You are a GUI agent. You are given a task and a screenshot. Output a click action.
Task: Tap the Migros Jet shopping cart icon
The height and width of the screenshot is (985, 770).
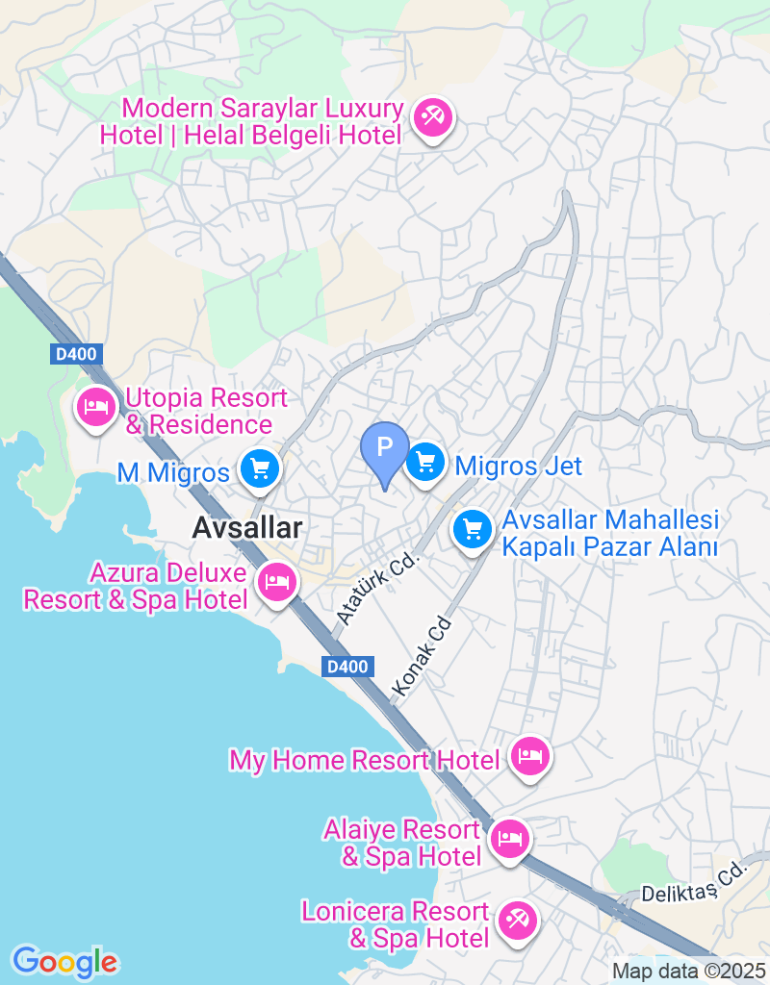(424, 464)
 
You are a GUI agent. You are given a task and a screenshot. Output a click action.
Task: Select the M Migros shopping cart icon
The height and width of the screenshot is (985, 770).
(260, 469)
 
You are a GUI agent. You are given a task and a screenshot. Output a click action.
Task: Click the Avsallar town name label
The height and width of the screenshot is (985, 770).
(246, 527)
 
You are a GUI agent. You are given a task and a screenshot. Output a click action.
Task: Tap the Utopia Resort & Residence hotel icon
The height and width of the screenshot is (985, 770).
(96, 408)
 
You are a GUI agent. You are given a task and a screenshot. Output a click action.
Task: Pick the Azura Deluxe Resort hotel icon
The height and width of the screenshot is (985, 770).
(277, 582)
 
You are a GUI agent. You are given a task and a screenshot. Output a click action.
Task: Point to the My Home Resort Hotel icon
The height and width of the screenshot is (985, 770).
(529, 757)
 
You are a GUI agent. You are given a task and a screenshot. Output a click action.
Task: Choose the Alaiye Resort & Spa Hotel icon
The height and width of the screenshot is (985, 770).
(509, 840)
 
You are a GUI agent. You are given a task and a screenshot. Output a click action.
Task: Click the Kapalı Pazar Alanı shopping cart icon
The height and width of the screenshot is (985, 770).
(472, 529)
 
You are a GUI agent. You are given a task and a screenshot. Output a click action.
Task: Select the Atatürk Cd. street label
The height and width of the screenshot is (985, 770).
(379, 587)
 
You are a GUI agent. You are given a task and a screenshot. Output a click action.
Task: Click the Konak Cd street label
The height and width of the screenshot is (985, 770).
(422, 656)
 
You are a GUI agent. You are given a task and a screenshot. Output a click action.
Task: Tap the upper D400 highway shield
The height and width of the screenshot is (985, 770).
(75, 354)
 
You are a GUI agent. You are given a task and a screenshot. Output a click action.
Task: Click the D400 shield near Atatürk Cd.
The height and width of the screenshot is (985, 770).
(347, 667)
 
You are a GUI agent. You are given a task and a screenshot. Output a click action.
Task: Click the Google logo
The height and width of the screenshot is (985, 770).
(64, 961)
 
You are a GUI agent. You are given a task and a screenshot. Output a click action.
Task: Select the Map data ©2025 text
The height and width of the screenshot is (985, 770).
(688, 972)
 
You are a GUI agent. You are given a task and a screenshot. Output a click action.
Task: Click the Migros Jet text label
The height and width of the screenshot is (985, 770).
(519, 467)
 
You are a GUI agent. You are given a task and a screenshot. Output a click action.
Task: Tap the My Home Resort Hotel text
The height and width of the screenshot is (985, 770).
(365, 760)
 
